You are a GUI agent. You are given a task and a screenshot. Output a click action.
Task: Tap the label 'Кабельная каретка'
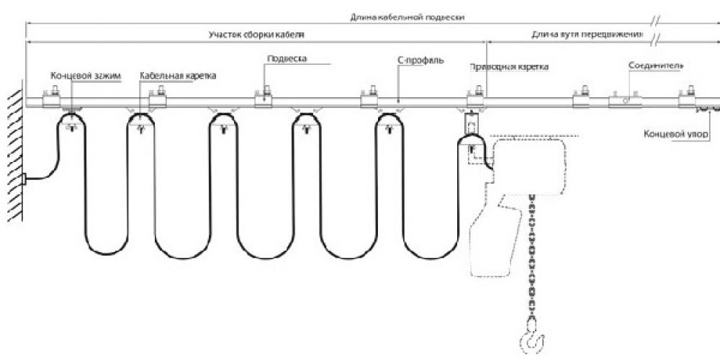click(x=179, y=74)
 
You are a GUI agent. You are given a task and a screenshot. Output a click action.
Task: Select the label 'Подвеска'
click(x=282, y=60)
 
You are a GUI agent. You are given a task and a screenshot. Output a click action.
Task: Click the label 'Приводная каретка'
click(x=509, y=67)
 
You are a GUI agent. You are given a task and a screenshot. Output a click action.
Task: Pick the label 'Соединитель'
click(x=655, y=66)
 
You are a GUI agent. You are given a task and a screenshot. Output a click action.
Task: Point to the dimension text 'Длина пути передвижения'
click(x=585, y=34)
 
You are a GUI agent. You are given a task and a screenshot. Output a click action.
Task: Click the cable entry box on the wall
click(x=24, y=179)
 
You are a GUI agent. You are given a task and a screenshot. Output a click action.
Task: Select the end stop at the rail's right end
click(x=708, y=109)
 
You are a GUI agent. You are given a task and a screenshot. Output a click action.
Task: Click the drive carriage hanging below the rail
click(x=471, y=133)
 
